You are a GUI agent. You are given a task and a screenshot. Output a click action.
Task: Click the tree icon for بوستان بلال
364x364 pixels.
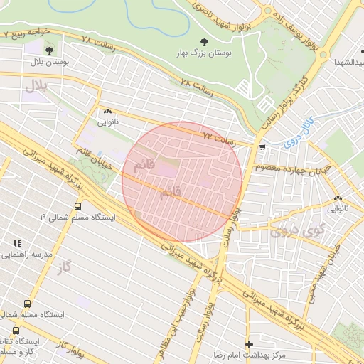point(49,50)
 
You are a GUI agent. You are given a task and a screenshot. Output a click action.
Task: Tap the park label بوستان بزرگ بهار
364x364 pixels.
point(204,54)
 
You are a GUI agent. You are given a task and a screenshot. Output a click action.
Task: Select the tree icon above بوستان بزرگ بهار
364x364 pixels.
point(205,43)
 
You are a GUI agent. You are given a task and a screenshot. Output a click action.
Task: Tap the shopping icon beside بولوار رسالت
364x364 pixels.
point(263,147)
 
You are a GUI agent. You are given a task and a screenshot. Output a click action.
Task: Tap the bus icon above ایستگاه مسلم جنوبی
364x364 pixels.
point(27,303)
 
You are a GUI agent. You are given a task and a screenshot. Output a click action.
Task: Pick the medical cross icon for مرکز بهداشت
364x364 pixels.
point(247,343)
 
